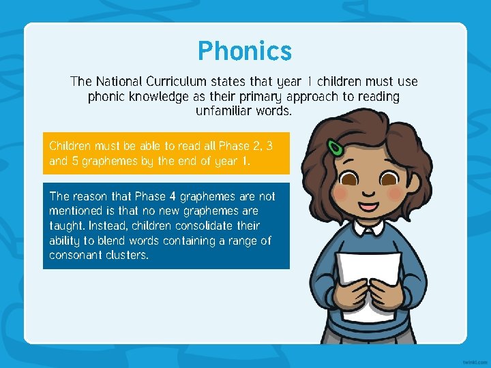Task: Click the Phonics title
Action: (244, 51)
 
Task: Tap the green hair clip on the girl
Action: (336, 148)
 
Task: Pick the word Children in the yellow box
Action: (72, 147)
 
